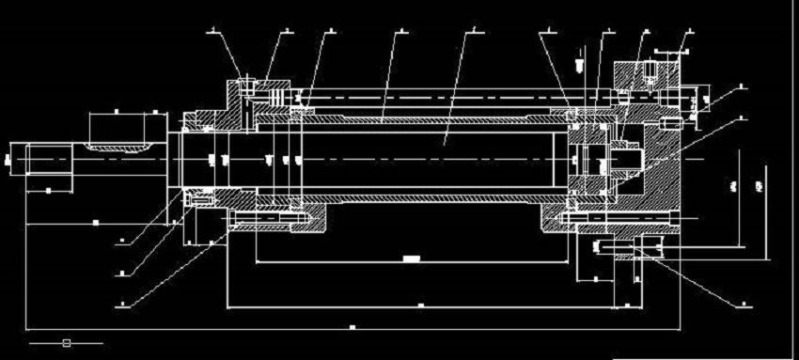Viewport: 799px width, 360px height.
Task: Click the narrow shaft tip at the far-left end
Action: click(18, 157)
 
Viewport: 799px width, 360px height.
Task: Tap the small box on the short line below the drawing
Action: click(66, 343)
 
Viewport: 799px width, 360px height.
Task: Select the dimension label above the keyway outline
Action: click(116, 111)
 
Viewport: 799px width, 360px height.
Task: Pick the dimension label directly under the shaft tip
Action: click(48, 190)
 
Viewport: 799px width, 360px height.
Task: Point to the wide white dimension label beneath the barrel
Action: click(410, 257)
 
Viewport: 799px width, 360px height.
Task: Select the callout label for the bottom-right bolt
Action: click(743, 303)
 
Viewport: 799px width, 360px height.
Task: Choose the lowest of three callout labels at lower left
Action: click(123, 302)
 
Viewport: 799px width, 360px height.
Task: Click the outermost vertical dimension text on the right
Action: click(760, 188)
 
